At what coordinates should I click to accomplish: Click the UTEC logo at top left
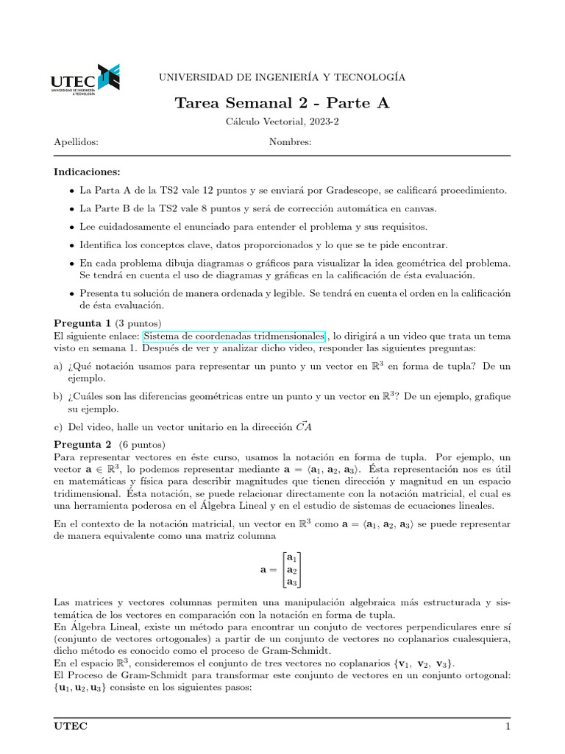coord(85,80)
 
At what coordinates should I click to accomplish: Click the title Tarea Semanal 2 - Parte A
coord(282,103)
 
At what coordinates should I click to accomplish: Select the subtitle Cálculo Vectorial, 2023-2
coord(282,122)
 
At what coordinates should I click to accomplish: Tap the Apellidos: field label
coord(77,142)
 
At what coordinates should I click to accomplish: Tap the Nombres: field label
coord(290,142)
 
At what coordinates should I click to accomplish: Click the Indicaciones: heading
coord(87,172)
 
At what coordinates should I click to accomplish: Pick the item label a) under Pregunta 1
coord(58,366)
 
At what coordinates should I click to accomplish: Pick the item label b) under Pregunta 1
coord(58,396)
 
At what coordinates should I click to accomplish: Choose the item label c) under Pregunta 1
coord(58,426)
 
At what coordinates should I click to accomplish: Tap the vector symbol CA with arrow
coord(303,426)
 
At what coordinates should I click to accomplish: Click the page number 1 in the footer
coord(507,727)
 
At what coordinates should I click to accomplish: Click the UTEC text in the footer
coord(70,727)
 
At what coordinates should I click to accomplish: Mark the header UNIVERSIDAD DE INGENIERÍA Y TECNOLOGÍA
coord(282,77)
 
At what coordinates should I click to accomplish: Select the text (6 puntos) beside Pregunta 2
coord(142,444)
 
